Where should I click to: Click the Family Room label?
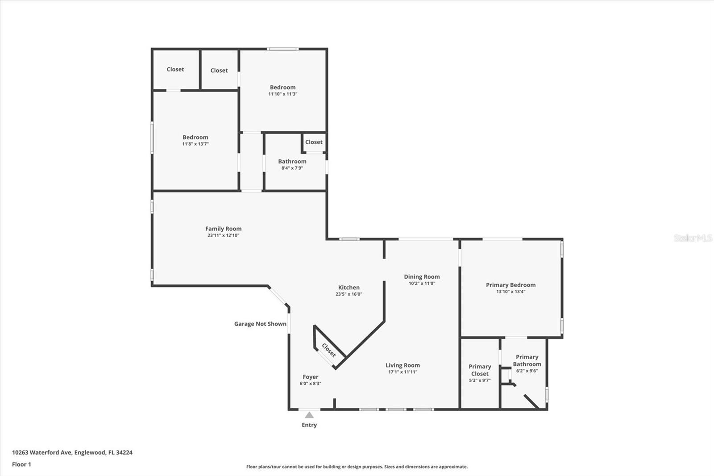(x=223, y=229)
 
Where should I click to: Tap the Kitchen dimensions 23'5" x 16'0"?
(x=349, y=294)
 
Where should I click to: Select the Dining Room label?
(x=422, y=276)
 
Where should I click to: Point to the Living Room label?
(x=403, y=365)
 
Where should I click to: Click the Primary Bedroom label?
(x=511, y=285)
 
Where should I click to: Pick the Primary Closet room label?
(x=480, y=370)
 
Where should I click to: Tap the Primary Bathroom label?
(x=527, y=360)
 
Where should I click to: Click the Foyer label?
(x=311, y=377)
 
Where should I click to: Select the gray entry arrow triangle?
(x=309, y=415)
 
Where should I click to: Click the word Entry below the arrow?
(x=309, y=425)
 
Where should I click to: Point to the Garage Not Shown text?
(x=260, y=324)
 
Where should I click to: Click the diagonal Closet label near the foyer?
(x=329, y=350)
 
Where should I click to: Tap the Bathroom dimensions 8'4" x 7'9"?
(x=292, y=168)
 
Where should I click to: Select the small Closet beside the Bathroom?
(x=314, y=142)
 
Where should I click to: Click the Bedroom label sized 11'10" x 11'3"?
(x=283, y=88)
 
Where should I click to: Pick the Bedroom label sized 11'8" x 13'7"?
(x=195, y=138)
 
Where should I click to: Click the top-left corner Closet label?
(x=175, y=69)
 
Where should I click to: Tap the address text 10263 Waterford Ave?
(x=43, y=452)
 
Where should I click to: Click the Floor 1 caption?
(x=22, y=464)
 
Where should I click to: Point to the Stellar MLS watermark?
(x=693, y=238)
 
